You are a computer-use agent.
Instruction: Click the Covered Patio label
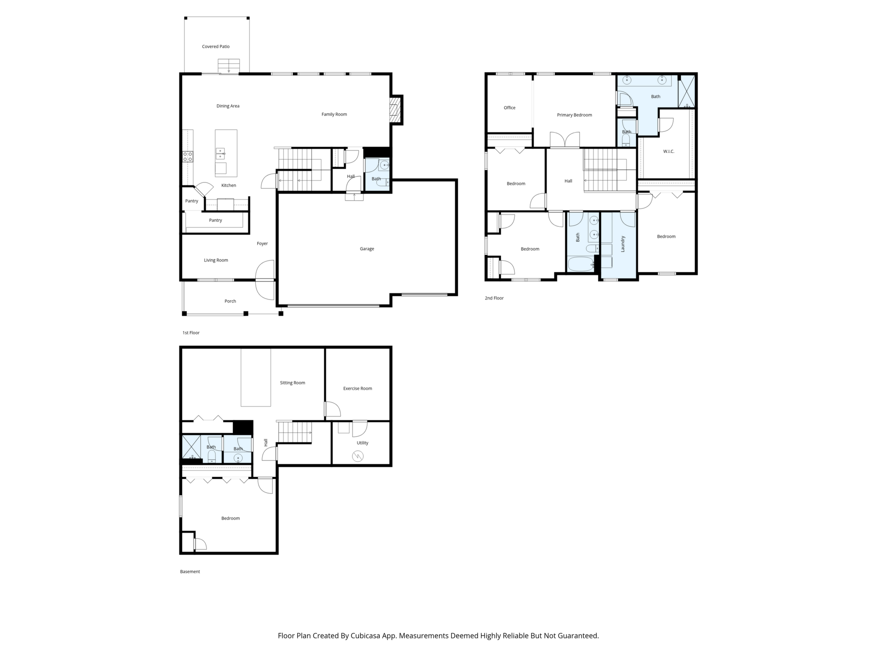[x=216, y=46]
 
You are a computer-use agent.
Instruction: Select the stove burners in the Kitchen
[x=188, y=157]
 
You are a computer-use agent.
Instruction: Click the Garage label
[x=367, y=249]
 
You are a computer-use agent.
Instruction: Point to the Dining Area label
[x=228, y=106]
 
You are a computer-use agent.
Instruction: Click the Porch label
[x=230, y=301]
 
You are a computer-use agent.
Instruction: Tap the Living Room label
[x=216, y=260]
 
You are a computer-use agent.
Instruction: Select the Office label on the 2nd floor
[x=509, y=108]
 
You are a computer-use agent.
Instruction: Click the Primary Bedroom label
[x=574, y=115]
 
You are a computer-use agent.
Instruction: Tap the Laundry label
[x=623, y=244]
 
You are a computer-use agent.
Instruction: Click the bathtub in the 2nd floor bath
[x=581, y=264]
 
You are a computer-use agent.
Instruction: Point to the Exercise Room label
[x=358, y=388]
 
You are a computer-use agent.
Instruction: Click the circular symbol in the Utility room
[x=358, y=457]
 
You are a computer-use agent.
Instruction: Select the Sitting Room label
[x=293, y=383]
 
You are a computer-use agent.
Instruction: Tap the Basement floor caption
[x=190, y=572]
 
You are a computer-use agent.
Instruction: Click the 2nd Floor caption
[x=494, y=298]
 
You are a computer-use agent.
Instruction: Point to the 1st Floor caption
[x=191, y=333]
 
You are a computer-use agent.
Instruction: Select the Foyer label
[x=262, y=244]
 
